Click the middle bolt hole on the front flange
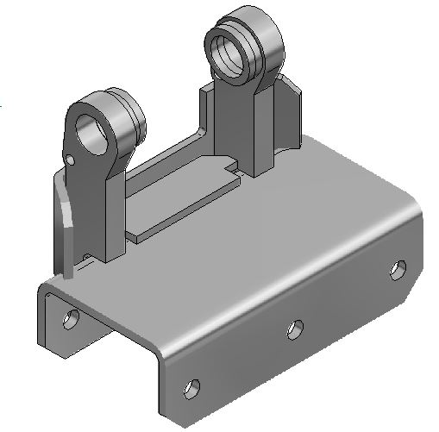295,328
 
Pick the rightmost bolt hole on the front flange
397,270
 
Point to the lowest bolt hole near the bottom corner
193,385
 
